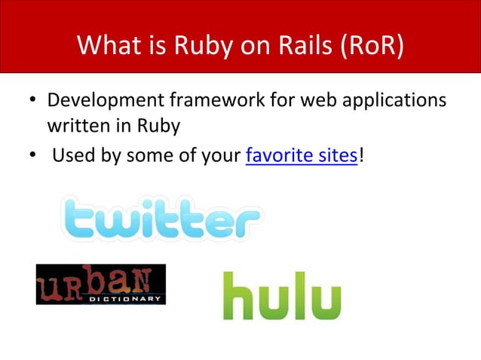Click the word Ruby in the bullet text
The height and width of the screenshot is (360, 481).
[159, 125]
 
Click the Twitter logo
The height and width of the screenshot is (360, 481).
[161, 218]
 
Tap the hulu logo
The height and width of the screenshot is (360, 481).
[281, 295]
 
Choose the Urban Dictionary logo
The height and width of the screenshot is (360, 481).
[100, 284]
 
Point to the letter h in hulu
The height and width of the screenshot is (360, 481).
[237, 295]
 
